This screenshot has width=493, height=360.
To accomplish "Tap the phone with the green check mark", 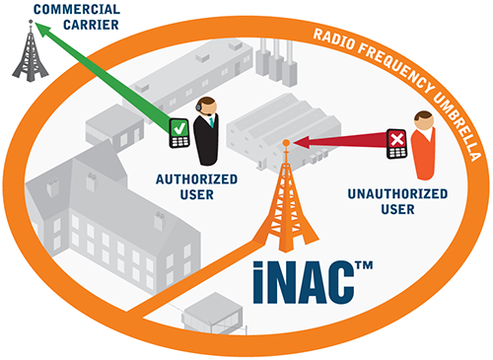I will pos(179,132).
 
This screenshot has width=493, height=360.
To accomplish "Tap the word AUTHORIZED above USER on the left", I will pos(195,180).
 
